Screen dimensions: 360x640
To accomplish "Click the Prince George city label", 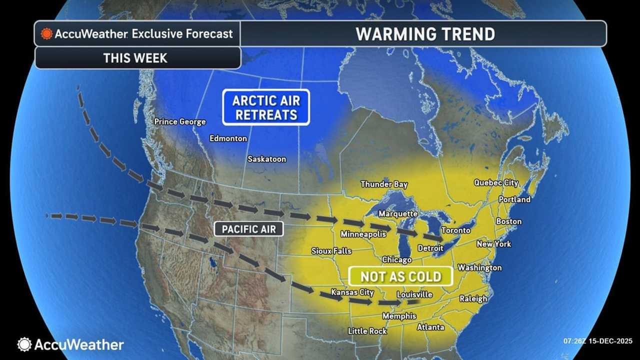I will coord(180,121).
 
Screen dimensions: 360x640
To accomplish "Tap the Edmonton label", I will coord(228,138).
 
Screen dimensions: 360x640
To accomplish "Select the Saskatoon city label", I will coord(267,159).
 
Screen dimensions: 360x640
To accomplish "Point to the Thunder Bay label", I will coord(384,184).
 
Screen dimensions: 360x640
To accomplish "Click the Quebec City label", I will coord(496,183).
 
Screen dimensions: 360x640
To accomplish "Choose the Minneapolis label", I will coord(363,234).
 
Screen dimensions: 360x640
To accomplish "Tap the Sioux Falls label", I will coord(331,251).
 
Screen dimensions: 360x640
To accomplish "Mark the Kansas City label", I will coord(352,292).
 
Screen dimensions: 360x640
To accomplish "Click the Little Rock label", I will coord(367,331).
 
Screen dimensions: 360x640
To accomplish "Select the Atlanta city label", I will coord(430,327).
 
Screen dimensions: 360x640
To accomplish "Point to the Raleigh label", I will coord(473,299).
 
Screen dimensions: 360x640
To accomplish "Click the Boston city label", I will coord(508,221).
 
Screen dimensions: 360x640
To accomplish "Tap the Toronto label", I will coord(455,230).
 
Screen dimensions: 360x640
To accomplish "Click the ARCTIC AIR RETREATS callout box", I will coord(266,107).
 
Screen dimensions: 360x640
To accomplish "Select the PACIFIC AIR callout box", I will coord(249,229).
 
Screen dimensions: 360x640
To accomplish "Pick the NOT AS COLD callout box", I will coord(400,276).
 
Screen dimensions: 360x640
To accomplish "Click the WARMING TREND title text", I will coord(425,34).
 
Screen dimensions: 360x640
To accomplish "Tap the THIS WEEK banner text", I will coord(135,58).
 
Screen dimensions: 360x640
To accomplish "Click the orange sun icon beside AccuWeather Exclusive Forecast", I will coord(47,34).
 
